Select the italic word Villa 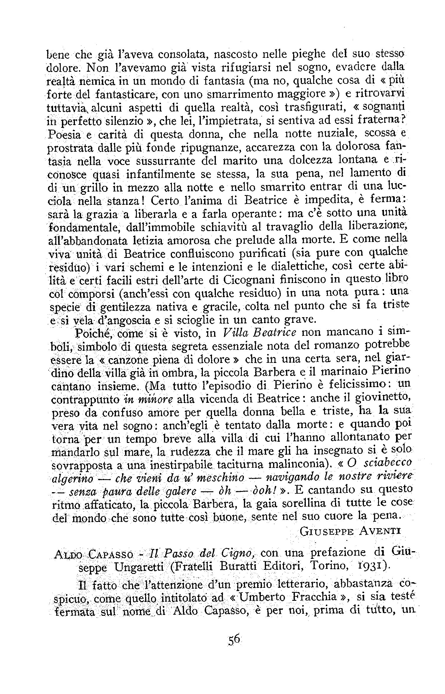pos(235,333)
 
